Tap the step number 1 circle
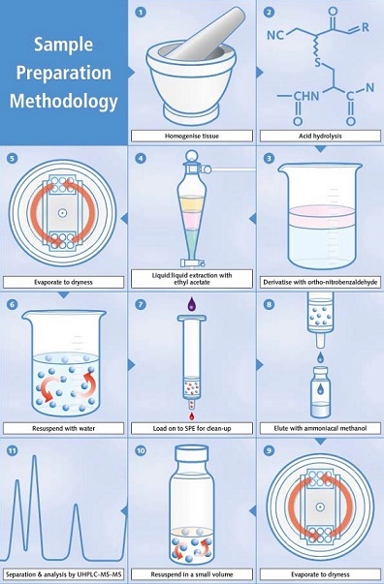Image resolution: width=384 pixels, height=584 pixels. click(141, 13)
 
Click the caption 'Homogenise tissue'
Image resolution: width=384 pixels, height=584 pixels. click(192, 136)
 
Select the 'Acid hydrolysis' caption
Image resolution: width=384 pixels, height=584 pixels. click(320, 136)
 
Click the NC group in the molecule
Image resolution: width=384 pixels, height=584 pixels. click(275, 35)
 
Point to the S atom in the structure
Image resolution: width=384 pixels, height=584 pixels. click(318, 61)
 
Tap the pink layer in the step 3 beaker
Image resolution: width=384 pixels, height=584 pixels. click(320, 217)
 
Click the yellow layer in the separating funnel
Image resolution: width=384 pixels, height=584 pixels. click(192, 204)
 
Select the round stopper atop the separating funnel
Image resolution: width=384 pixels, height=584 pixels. click(192, 155)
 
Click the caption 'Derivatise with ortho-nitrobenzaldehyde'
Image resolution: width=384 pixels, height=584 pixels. click(320, 282)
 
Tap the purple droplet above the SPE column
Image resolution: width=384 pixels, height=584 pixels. click(192, 303)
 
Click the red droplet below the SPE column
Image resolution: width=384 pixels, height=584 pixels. click(192, 415)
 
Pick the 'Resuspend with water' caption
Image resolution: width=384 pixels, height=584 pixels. click(63, 428)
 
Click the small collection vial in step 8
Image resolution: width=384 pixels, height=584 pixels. click(321, 392)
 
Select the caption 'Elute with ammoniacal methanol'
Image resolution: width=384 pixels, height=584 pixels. click(320, 428)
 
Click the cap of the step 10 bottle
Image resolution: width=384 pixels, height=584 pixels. click(192, 455)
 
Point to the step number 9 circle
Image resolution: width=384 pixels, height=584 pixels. click(269, 450)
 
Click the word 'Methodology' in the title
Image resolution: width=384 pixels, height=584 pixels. click(63, 102)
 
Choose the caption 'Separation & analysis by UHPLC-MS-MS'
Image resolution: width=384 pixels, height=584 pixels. click(63, 574)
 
